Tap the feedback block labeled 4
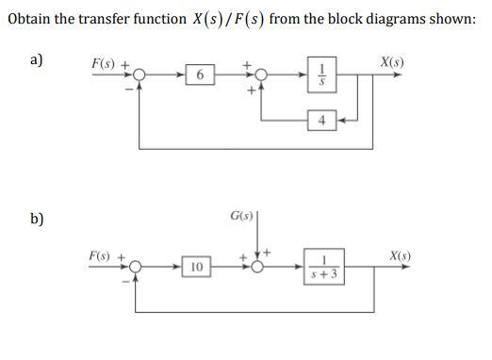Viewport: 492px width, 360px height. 322,120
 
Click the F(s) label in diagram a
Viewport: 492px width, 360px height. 105,63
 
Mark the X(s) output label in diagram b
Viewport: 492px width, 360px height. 400,256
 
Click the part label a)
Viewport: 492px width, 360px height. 37,60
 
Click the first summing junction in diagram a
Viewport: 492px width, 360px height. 139,74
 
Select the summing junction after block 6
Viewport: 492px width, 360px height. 264,74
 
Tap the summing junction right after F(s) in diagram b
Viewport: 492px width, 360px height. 137,268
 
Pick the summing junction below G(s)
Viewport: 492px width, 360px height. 255,268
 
